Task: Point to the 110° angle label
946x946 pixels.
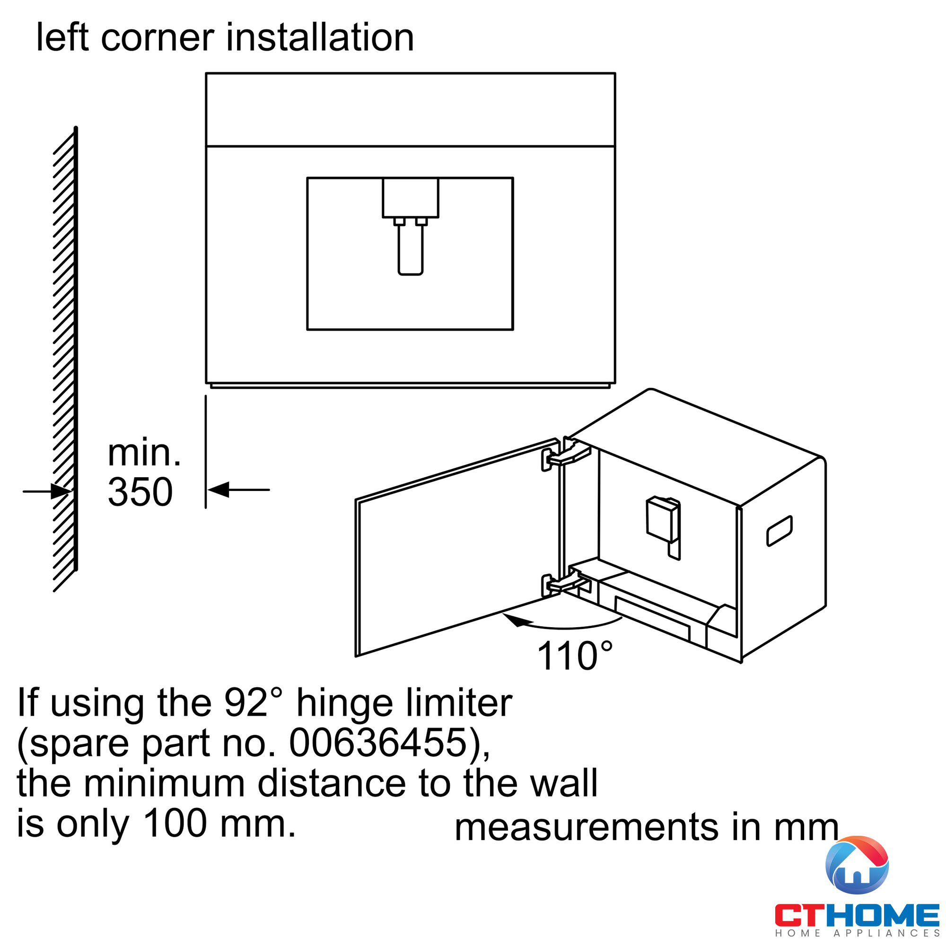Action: [x=574, y=656]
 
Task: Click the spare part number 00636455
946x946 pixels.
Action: [x=378, y=743]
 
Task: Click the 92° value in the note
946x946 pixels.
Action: [x=253, y=703]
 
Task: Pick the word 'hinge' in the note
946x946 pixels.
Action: [x=345, y=704]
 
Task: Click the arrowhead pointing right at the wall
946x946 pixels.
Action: [x=61, y=491]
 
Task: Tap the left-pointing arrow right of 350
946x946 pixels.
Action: [x=219, y=490]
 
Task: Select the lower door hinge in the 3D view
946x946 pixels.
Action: [x=565, y=584]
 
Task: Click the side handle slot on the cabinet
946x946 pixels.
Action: [x=779, y=531]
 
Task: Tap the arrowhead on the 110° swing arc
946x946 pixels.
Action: [x=517, y=621]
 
